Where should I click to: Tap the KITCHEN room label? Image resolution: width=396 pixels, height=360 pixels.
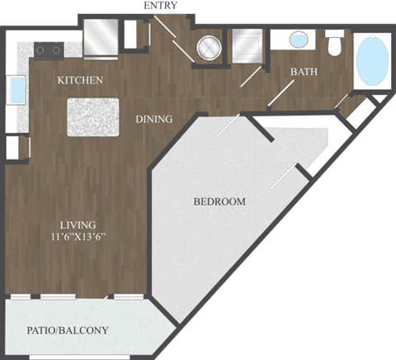point(80,80)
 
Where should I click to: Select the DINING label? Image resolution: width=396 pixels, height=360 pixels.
point(154,119)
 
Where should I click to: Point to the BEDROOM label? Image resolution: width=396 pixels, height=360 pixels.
point(219,201)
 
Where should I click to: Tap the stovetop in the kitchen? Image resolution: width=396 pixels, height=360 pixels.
point(47,50)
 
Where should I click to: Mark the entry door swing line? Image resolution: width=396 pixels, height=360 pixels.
point(175,38)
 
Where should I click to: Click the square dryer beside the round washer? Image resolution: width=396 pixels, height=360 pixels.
point(246,45)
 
